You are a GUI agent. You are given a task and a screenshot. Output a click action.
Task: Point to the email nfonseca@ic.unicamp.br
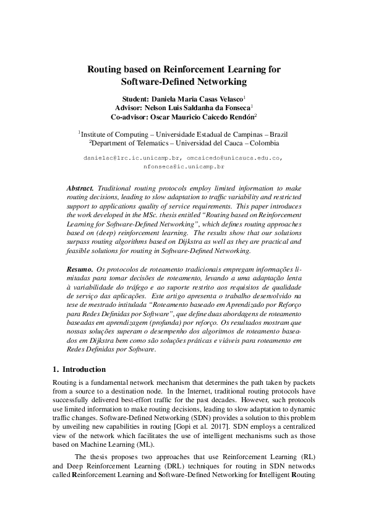click(x=183, y=167)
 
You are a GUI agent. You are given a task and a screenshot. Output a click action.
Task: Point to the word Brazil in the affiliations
click(x=275, y=133)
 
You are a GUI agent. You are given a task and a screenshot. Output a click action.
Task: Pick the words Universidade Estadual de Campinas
click(x=207, y=133)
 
